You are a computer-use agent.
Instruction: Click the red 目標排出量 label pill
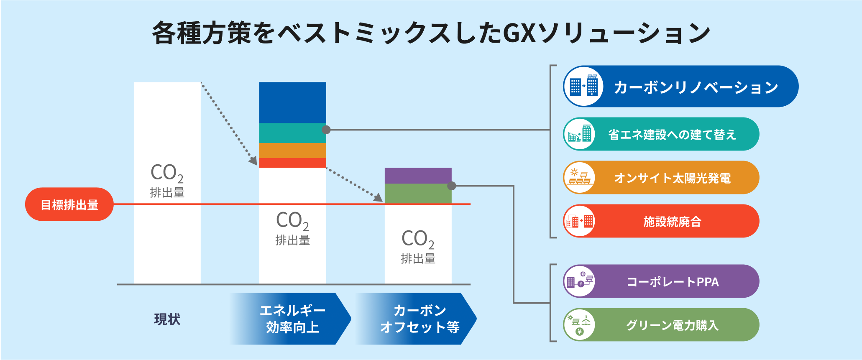pyautogui.click(x=69, y=204)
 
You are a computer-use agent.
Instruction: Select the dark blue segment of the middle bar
pyautogui.click(x=292, y=102)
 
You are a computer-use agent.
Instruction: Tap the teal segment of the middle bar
pyautogui.click(x=292, y=133)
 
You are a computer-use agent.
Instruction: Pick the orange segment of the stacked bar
pyautogui.click(x=292, y=151)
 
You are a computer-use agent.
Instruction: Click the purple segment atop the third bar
pyautogui.click(x=418, y=176)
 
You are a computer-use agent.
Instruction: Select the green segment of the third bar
pyautogui.click(x=418, y=193)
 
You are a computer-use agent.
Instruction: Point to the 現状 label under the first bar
pyautogui.click(x=167, y=319)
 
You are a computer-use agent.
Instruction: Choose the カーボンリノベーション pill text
pyautogui.click(x=696, y=87)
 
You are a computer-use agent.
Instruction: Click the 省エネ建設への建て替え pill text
pyautogui.click(x=672, y=135)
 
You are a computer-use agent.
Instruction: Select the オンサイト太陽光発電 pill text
pyautogui.click(x=672, y=178)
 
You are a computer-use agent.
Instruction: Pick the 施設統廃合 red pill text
pyautogui.click(x=672, y=222)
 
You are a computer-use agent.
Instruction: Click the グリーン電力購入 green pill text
pyautogui.click(x=672, y=325)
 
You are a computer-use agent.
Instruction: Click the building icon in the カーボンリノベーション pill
pyautogui.click(x=583, y=86)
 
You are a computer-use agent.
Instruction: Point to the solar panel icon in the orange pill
pyautogui.click(x=579, y=178)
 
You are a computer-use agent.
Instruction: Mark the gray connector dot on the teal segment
pyautogui.click(x=326, y=130)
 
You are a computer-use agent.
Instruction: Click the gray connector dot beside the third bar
pyautogui.click(x=452, y=186)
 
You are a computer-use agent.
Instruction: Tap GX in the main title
pyautogui.click(x=519, y=33)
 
